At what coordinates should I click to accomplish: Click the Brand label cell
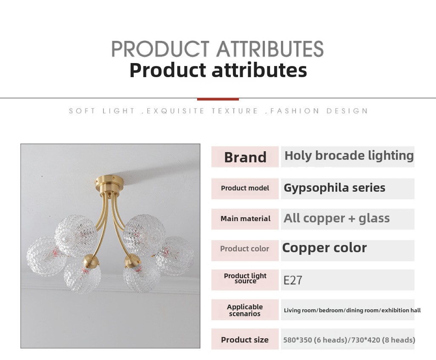245,157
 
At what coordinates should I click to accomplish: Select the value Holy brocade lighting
349,156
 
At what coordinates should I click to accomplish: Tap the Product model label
245,188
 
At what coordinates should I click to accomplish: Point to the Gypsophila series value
335,188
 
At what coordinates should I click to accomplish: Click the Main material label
245,219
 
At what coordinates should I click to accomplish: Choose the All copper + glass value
336,219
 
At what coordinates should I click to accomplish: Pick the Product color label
245,249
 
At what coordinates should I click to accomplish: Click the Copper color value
324,248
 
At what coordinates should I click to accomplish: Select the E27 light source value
293,280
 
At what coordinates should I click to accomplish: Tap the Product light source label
245,279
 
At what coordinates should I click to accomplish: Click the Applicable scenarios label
245,310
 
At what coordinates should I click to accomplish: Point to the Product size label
245,340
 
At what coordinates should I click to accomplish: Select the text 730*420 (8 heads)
383,340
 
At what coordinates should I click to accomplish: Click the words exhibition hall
401,310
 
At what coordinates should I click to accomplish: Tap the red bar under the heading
218,99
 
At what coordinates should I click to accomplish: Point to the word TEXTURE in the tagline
235,111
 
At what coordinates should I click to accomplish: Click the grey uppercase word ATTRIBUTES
270,49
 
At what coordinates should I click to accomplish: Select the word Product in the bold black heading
168,70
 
